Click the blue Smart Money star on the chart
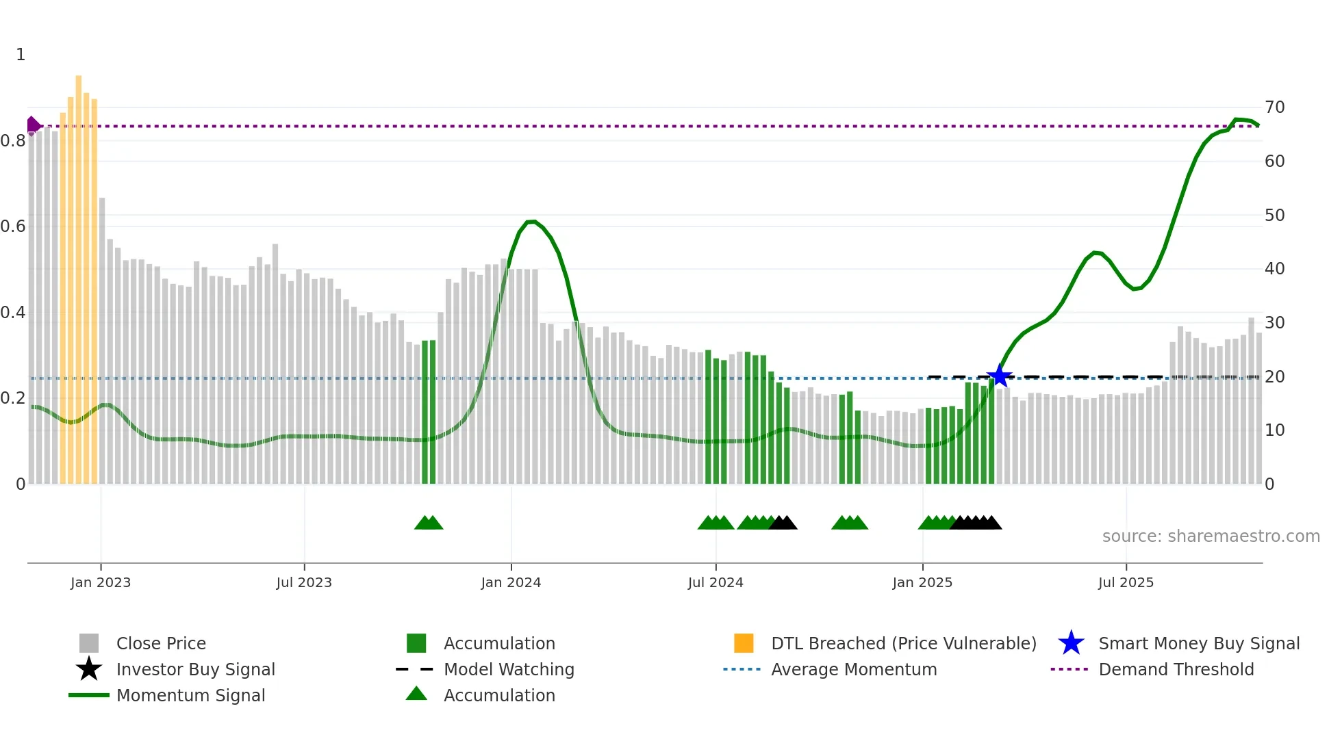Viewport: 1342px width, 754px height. point(1000,376)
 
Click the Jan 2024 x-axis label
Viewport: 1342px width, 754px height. point(511,582)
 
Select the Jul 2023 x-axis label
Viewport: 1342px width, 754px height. point(304,582)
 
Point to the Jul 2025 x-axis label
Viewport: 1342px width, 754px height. point(1126,582)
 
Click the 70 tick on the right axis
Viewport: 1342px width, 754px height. point(1274,107)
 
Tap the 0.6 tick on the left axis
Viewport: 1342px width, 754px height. point(13,226)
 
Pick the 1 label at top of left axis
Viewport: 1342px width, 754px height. point(21,55)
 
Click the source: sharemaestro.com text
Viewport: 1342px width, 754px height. point(1211,536)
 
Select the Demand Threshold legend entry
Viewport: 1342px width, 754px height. point(1176,669)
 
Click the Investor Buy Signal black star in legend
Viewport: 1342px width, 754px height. point(89,669)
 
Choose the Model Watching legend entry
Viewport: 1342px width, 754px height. point(508,669)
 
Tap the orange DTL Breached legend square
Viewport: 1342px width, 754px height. point(744,643)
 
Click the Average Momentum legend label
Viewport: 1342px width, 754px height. point(854,669)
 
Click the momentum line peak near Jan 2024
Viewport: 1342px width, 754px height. point(531,222)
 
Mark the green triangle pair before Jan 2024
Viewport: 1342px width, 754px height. point(429,523)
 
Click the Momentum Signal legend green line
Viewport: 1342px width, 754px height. point(89,695)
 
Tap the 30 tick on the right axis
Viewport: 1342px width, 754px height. point(1274,322)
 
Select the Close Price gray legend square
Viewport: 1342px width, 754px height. point(89,643)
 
